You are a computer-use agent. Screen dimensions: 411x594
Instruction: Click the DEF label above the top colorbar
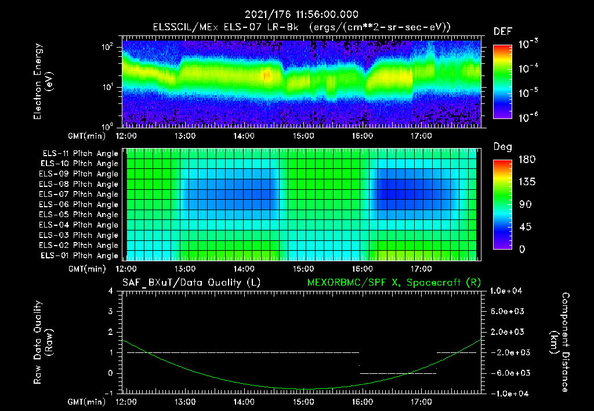(x=502, y=31)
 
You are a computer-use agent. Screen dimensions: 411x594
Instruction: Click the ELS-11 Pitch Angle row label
(x=80, y=153)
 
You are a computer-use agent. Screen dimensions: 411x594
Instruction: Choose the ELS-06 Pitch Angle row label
(x=80, y=204)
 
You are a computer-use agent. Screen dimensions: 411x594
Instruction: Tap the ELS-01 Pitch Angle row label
(x=80, y=255)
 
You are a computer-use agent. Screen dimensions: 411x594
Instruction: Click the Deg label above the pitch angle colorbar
(x=502, y=147)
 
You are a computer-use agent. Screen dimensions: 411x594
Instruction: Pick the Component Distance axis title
(x=562, y=342)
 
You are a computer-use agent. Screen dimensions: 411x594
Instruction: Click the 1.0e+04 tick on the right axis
(x=508, y=291)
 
